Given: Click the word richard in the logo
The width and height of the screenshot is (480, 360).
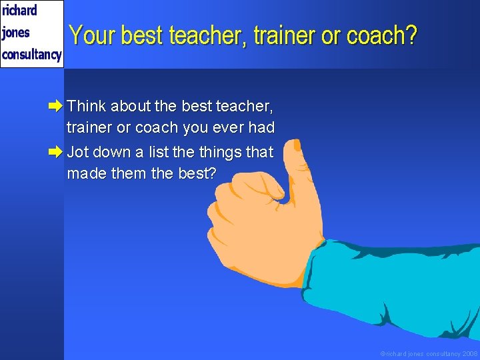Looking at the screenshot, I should (19, 11).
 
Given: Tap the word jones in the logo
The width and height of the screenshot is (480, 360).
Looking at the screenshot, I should (16, 33).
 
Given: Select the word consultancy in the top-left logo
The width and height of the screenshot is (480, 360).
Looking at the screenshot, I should (31, 54).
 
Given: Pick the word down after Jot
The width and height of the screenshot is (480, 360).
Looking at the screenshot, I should (111, 152).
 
